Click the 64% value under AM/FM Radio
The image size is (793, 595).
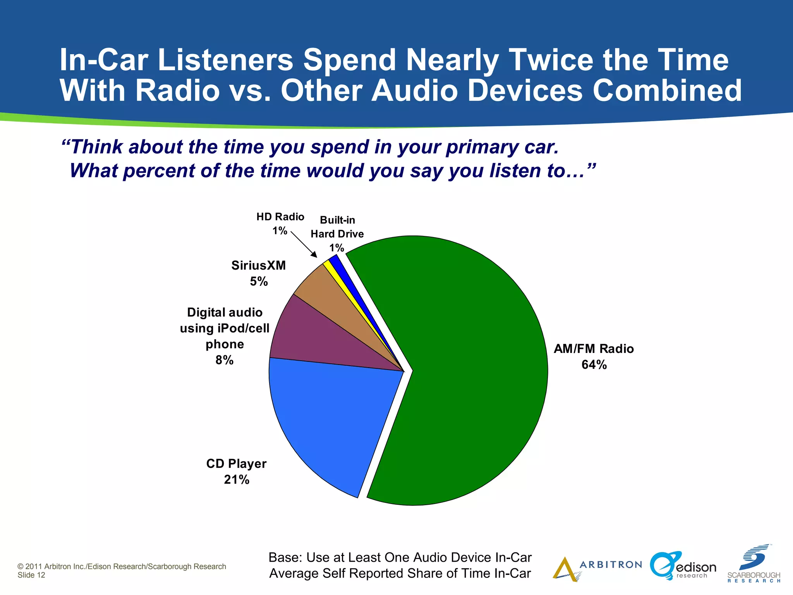tap(594, 365)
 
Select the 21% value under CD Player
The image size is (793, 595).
tap(237, 480)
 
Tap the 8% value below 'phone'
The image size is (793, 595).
tap(225, 360)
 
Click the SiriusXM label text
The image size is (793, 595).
tap(258, 266)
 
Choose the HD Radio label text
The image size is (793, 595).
tap(280, 217)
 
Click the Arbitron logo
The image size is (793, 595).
tap(596, 568)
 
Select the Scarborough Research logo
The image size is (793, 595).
tap(754, 564)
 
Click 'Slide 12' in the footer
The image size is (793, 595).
tap(31, 575)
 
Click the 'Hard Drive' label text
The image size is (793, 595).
tap(337, 234)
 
